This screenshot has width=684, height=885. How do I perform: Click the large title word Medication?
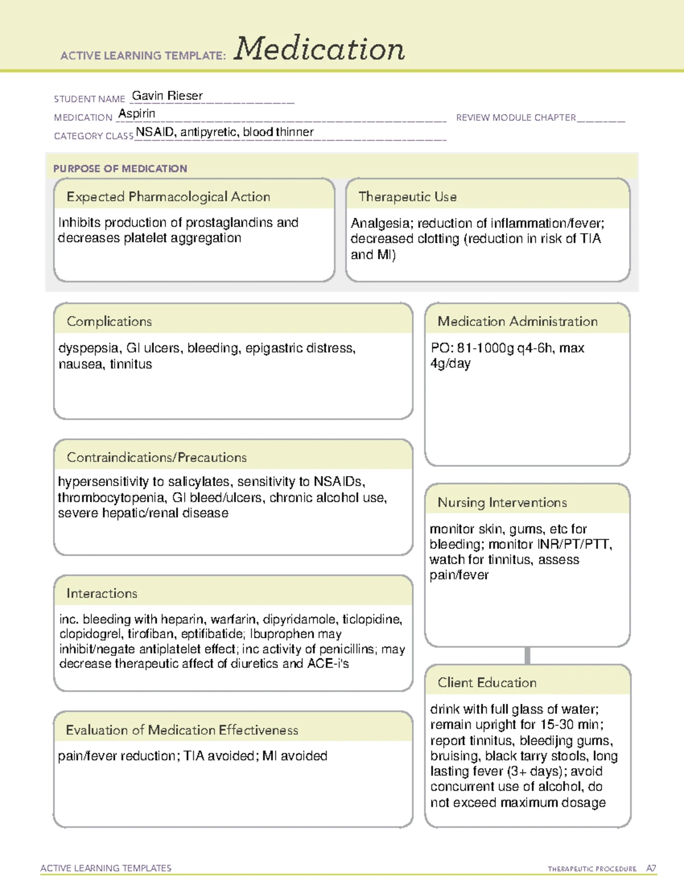tap(319, 49)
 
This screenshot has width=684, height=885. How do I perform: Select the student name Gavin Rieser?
tap(167, 96)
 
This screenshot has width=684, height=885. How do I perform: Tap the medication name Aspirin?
tap(137, 113)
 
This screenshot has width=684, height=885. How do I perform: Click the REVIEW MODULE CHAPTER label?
tap(516, 117)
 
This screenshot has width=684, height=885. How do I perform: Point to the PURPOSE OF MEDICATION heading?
tap(120, 169)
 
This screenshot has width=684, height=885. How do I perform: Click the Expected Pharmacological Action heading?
tap(168, 197)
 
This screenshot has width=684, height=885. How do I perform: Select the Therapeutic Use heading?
tap(408, 197)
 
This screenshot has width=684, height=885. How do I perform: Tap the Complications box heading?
tap(109, 321)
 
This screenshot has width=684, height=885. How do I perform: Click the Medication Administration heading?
tap(518, 321)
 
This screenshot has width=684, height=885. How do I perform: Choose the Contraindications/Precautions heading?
tap(157, 457)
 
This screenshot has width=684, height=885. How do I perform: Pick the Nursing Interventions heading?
tap(502, 502)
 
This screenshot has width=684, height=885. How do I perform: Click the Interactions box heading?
tap(102, 593)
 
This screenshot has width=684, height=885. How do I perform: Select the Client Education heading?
tap(487, 682)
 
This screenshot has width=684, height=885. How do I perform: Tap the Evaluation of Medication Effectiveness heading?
tap(182, 730)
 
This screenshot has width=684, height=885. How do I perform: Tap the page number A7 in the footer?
tap(650, 868)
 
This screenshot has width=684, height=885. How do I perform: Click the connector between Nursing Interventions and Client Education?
tap(527, 655)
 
